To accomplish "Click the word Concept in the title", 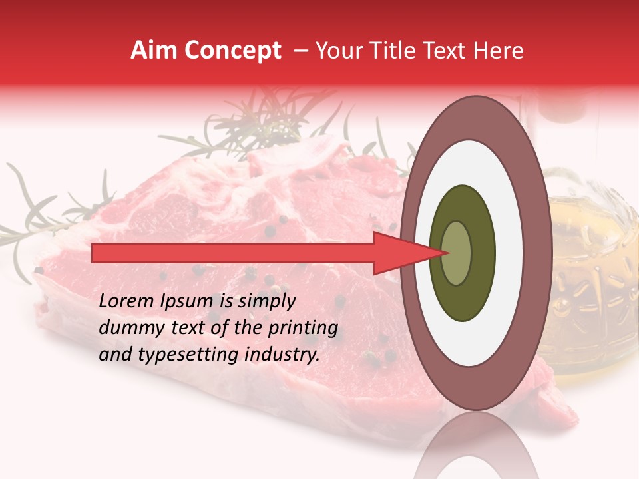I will click(232, 51).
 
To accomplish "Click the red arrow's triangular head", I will click(399, 253).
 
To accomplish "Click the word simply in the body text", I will click(266, 301).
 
